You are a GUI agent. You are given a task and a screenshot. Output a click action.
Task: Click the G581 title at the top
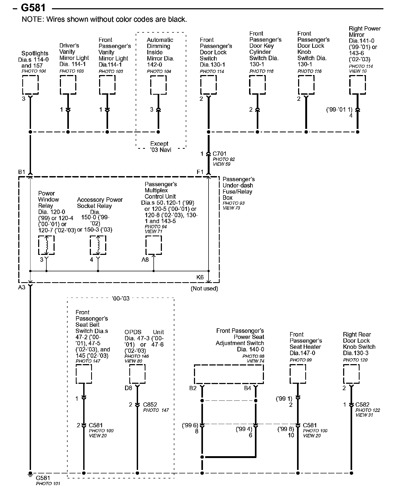[33, 8]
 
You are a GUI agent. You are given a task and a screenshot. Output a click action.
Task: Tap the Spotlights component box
[30, 85]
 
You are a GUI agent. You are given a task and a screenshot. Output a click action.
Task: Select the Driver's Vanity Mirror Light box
[68, 85]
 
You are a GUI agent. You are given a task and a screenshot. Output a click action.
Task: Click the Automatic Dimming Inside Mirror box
[158, 85]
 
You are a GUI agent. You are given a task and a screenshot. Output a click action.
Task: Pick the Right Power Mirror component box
[357, 85]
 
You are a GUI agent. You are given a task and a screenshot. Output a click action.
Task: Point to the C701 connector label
[219, 154]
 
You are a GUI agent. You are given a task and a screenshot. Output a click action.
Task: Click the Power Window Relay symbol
[46, 245]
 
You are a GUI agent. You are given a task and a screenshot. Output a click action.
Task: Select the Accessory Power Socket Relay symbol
[98, 245]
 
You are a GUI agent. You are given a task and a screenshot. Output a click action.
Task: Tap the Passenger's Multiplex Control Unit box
[154, 245]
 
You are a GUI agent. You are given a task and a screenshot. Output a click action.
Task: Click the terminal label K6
[200, 277]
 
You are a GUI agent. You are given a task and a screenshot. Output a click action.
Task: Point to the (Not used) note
[204, 288]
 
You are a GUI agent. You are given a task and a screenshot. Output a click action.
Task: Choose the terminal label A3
[22, 287]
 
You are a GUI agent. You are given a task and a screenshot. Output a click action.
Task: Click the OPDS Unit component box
[137, 374]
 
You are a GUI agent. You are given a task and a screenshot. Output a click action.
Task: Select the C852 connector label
[150, 404]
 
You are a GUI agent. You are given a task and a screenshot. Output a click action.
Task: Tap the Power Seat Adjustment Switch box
[229, 374]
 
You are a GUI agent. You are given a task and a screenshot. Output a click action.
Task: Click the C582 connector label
[362, 404]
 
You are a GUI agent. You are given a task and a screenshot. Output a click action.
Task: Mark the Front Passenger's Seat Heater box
[298, 374]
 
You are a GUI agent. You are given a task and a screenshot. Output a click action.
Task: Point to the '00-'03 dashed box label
[121, 298]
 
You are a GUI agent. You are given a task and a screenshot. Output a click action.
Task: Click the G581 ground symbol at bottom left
[30, 473]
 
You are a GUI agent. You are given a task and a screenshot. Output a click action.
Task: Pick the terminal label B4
[247, 388]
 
